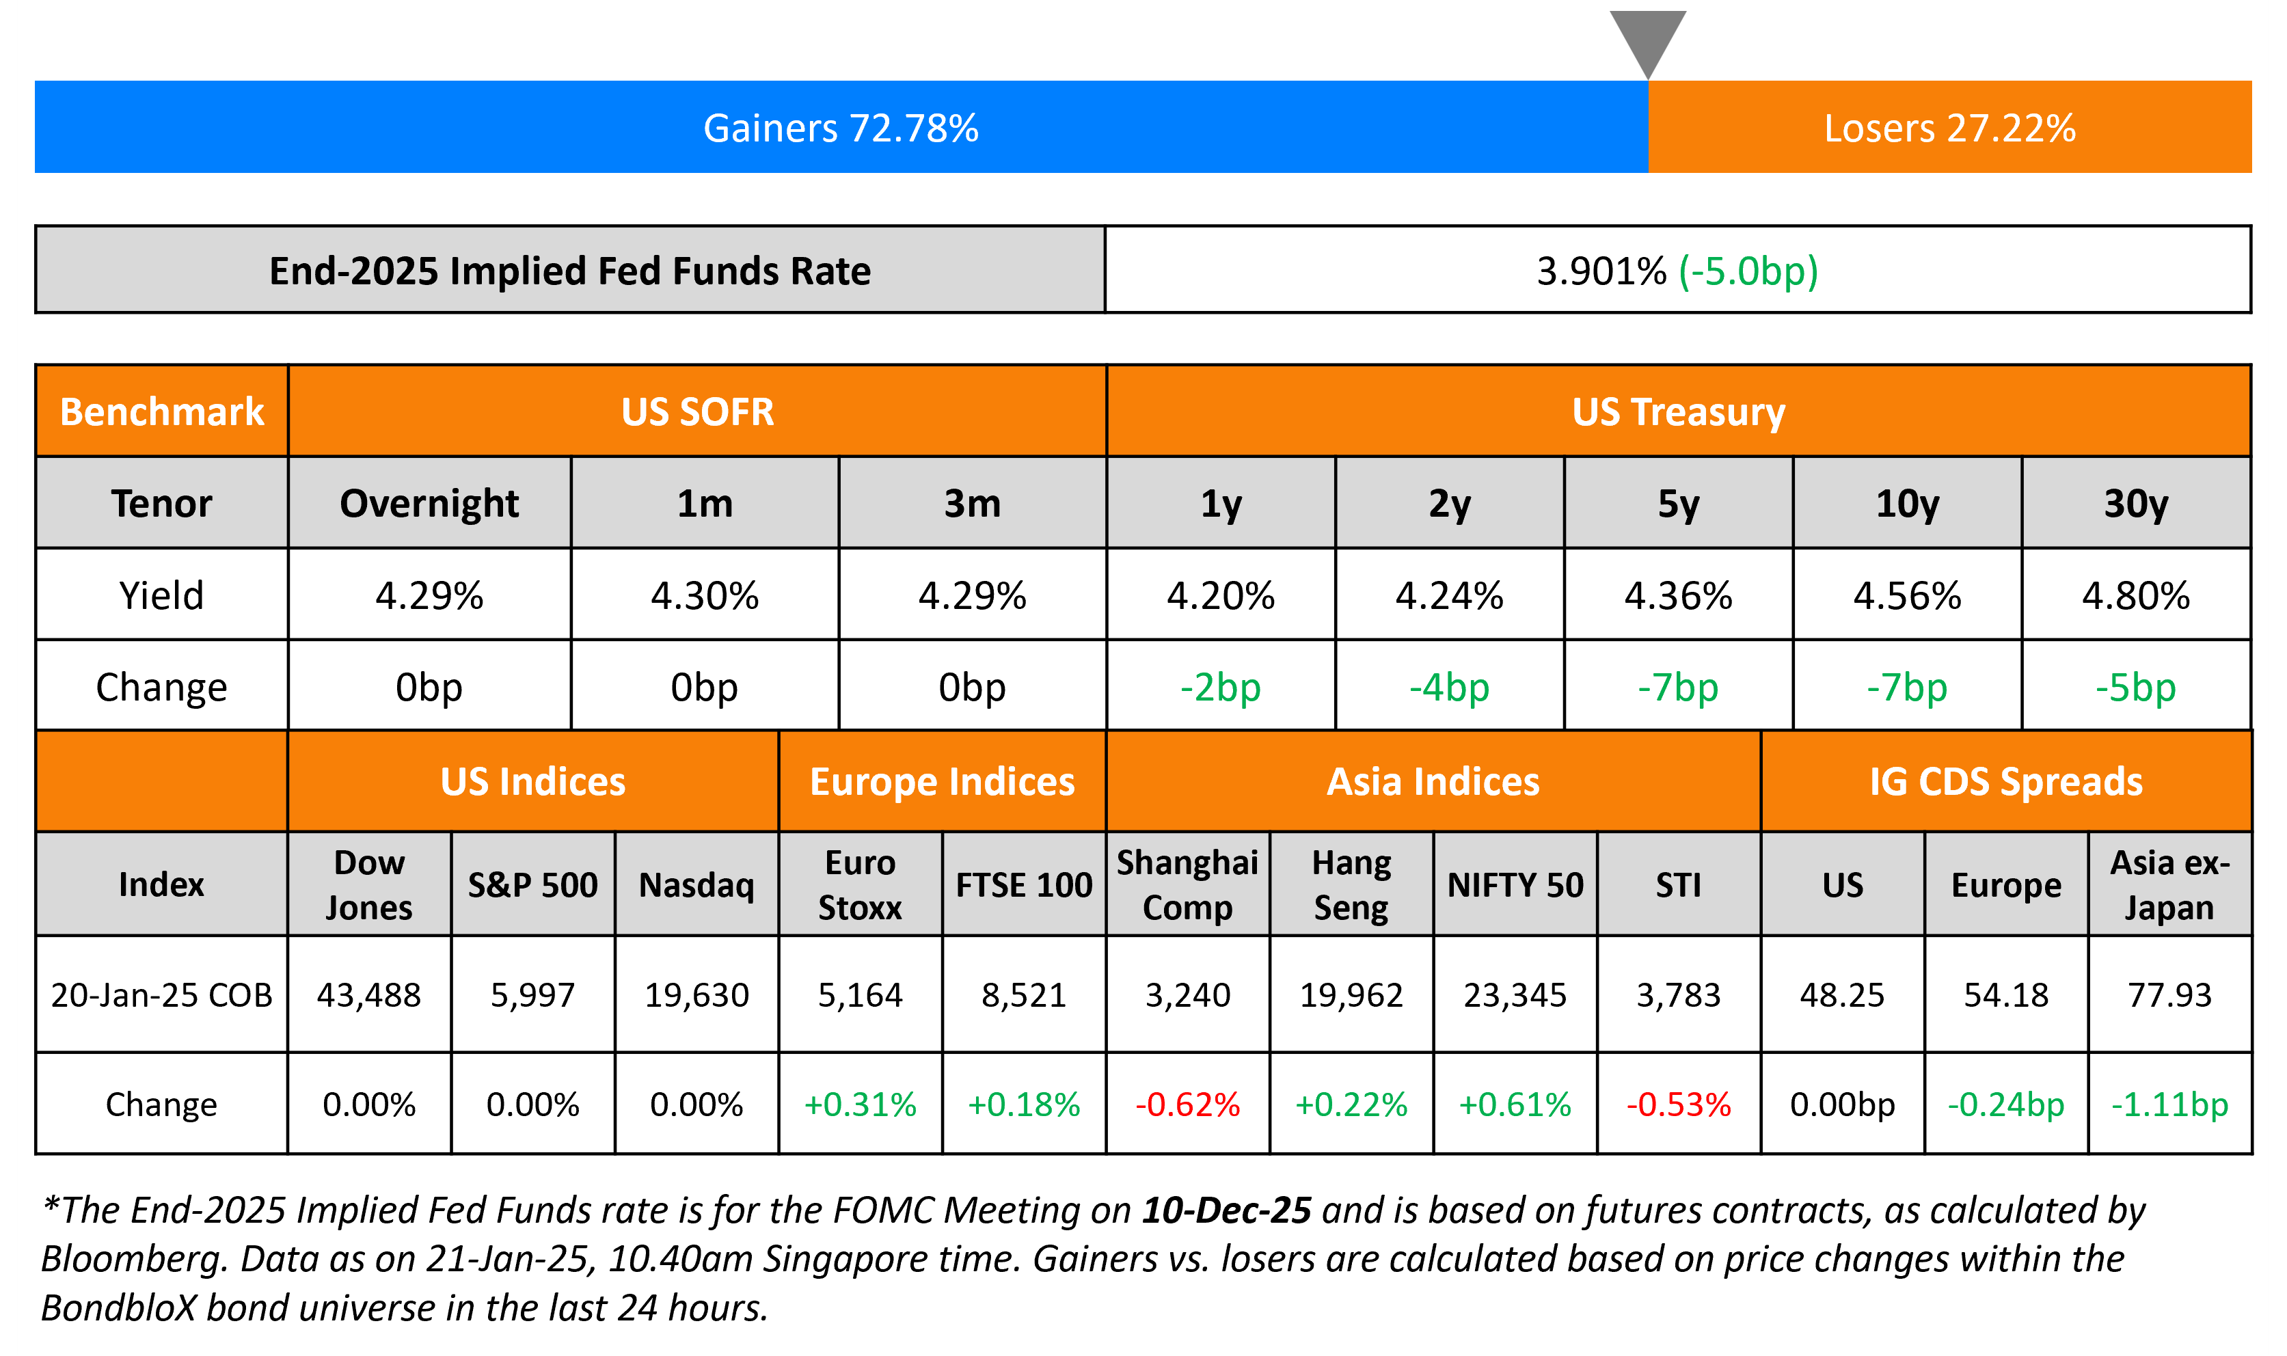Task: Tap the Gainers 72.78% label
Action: click(x=841, y=128)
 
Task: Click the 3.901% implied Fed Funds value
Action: click(x=1601, y=271)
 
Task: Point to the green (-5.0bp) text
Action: click(x=1748, y=271)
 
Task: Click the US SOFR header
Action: click(x=697, y=412)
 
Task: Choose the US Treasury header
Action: click(x=1679, y=412)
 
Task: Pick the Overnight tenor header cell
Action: click(x=429, y=504)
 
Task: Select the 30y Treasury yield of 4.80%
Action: click(x=2135, y=596)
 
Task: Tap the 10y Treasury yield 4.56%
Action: click(x=1907, y=596)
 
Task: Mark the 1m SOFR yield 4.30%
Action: click(x=705, y=596)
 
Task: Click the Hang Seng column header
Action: click(x=1351, y=884)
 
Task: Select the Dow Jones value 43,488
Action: click(x=369, y=994)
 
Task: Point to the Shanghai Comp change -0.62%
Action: click(x=1188, y=1104)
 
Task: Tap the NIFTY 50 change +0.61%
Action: click(x=1515, y=1104)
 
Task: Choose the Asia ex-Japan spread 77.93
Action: click(x=2170, y=994)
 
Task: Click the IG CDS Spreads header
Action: click(x=2005, y=782)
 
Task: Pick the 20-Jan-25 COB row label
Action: click(x=162, y=994)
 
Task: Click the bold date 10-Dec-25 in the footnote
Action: click(x=1226, y=1210)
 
